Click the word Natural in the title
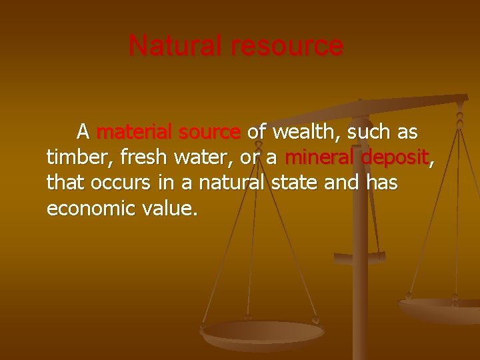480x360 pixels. [x=175, y=46]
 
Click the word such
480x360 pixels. [x=370, y=132]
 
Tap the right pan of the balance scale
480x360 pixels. [x=440, y=308]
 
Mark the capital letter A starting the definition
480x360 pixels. [x=83, y=131]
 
